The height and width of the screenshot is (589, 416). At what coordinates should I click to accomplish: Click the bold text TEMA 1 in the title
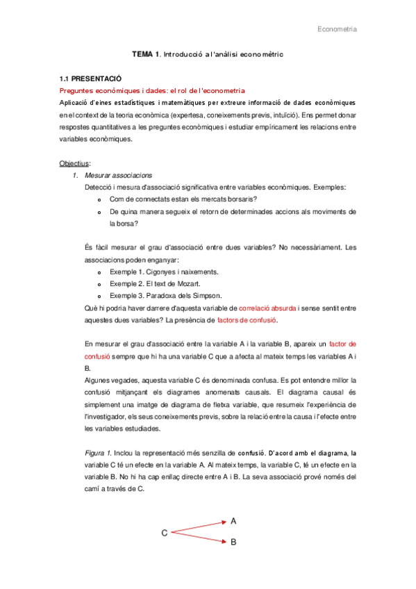click(x=147, y=54)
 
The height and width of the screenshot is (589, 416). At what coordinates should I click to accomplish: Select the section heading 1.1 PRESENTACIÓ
click(x=90, y=79)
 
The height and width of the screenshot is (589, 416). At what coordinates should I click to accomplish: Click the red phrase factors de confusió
click(x=247, y=320)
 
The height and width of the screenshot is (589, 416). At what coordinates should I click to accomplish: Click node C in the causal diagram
click(x=165, y=533)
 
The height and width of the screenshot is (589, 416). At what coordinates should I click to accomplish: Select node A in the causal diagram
click(x=233, y=520)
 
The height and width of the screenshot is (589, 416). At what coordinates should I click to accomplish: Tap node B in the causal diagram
click(x=233, y=545)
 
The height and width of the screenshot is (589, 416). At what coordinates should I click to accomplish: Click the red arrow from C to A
click(x=199, y=526)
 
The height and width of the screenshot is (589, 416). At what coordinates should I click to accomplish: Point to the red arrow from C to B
click(x=199, y=538)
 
